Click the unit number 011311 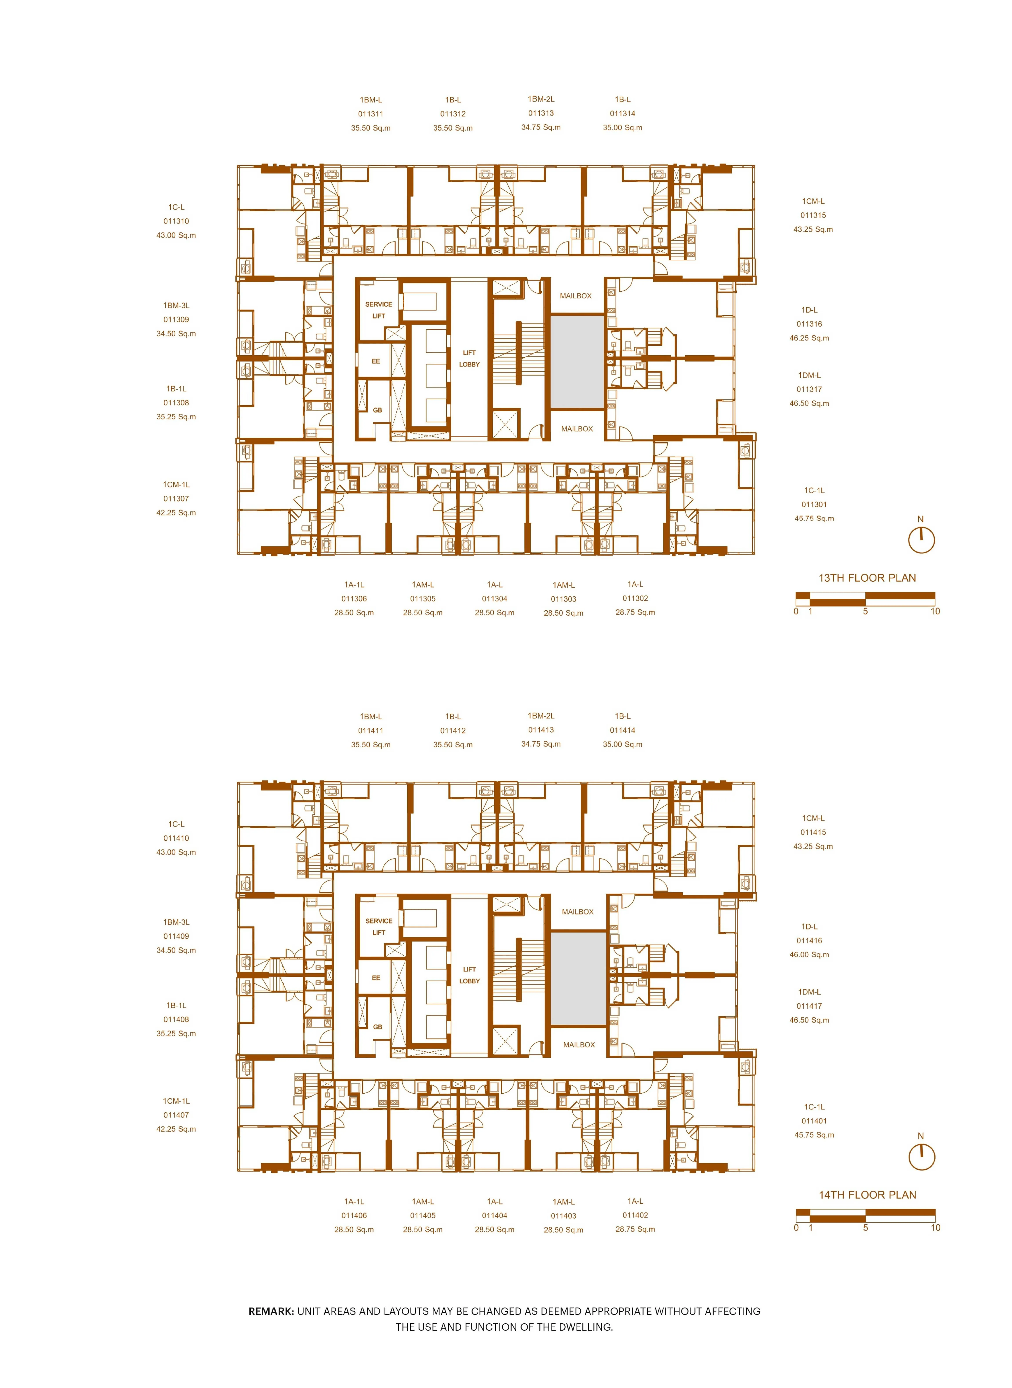pyautogui.click(x=371, y=114)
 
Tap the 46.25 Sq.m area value pyautogui.click(x=809, y=338)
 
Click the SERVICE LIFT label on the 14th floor pyautogui.click(x=379, y=927)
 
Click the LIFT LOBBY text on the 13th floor pyautogui.click(x=469, y=358)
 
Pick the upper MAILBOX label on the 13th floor pyautogui.click(x=576, y=296)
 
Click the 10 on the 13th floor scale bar pyautogui.click(x=935, y=611)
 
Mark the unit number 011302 pyautogui.click(x=635, y=599)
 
